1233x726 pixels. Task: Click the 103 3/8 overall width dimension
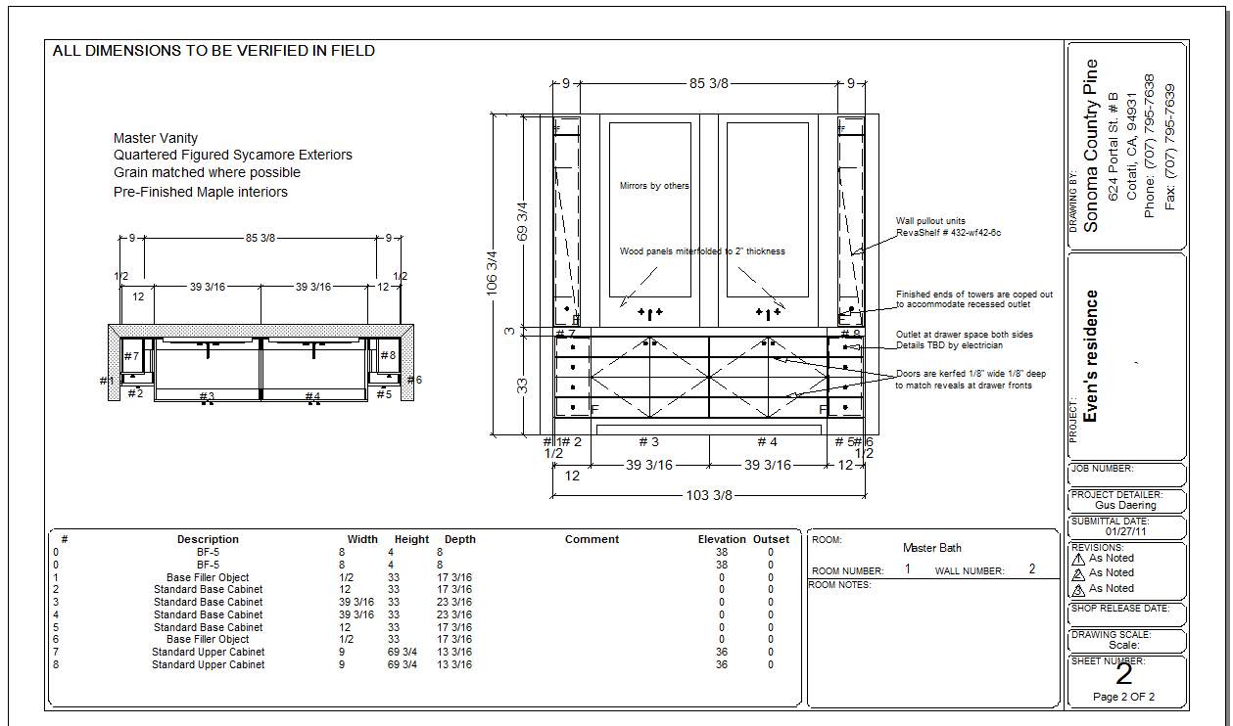(x=709, y=496)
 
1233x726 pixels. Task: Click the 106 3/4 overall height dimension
(x=492, y=273)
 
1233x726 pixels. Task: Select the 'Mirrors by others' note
(x=654, y=186)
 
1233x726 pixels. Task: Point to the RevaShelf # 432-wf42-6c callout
(x=948, y=233)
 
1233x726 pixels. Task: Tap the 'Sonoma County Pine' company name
(x=1092, y=146)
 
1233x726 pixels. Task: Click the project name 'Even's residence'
(x=1092, y=355)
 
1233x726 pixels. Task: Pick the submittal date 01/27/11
(x=1125, y=531)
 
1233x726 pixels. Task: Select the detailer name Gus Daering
(x=1125, y=506)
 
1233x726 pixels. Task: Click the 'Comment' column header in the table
(x=592, y=539)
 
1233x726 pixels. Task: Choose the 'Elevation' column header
(x=722, y=539)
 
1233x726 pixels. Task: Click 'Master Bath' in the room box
(x=931, y=548)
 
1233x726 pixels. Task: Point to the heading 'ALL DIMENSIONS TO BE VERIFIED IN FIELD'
(x=213, y=51)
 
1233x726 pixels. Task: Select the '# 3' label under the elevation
(x=648, y=442)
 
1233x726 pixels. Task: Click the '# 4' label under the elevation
(x=767, y=442)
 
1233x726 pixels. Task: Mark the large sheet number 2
(x=1124, y=673)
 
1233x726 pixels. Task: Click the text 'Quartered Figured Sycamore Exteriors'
(x=233, y=156)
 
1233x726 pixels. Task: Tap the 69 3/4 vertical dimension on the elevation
(x=522, y=221)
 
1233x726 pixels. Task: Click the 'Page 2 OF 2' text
(x=1124, y=698)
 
